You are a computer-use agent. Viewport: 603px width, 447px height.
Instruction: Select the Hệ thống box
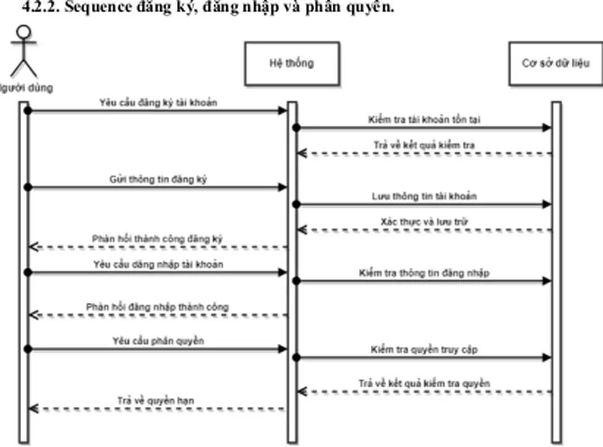click(x=291, y=63)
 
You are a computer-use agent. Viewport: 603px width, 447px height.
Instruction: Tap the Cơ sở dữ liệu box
click(x=555, y=63)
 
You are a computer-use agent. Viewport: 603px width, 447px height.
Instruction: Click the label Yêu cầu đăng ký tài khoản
click(x=158, y=103)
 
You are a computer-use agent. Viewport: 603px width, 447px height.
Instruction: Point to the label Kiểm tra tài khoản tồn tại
click(x=424, y=119)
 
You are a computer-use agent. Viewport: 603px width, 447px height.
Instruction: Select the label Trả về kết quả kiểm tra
click(x=424, y=145)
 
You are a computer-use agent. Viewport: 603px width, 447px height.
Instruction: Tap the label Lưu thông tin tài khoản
click(x=424, y=196)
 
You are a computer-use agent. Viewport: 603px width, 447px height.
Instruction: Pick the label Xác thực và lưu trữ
click(x=424, y=222)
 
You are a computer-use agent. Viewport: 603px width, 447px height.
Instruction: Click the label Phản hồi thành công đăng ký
click(x=158, y=239)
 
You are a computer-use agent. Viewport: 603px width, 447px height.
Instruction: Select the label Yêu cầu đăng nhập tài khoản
click(x=158, y=264)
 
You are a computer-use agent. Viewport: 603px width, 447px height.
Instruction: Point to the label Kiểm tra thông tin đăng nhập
click(x=424, y=273)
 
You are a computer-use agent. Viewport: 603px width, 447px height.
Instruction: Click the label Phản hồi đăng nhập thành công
click(x=158, y=307)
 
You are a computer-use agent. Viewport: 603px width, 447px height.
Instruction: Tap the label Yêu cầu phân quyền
click(x=158, y=340)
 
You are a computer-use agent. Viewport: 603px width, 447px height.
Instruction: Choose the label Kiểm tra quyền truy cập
click(x=424, y=350)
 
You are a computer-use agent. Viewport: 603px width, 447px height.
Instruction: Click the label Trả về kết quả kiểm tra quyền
click(x=424, y=383)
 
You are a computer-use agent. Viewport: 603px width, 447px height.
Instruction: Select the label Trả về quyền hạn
click(x=156, y=400)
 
